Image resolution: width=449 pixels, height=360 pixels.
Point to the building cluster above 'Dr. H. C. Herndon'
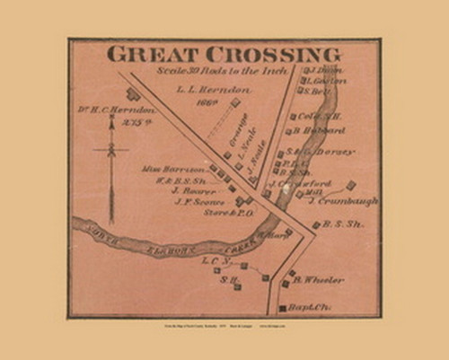133,93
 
